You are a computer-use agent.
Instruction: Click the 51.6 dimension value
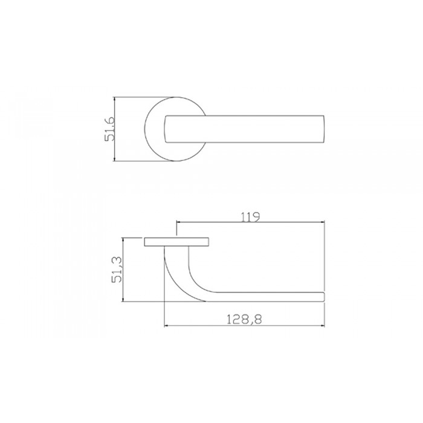click(x=109, y=129)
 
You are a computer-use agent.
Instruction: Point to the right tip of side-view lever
click(x=323, y=295)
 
